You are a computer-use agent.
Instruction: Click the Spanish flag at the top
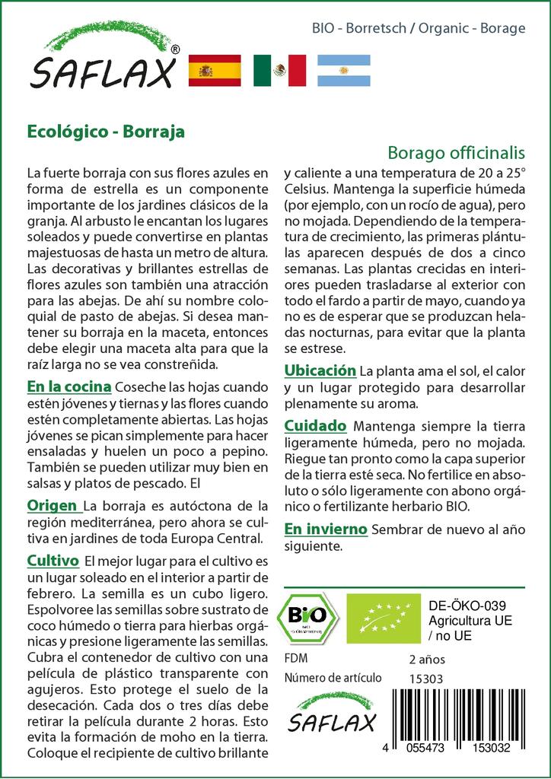point(213,71)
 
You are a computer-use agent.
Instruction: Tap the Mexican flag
point(279,71)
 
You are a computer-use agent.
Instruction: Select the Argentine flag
point(344,71)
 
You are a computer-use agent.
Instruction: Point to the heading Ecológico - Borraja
point(106,130)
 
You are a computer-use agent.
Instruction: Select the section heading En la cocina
point(69,386)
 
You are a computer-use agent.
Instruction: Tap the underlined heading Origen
point(53,505)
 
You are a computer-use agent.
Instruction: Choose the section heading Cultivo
point(53,561)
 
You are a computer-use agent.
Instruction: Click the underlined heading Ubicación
point(320,370)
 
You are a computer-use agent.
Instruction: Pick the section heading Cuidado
point(315,425)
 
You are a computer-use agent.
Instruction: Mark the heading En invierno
point(326,528)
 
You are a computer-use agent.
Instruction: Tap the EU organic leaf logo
point(378,618)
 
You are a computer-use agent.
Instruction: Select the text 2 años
point(427,659)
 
